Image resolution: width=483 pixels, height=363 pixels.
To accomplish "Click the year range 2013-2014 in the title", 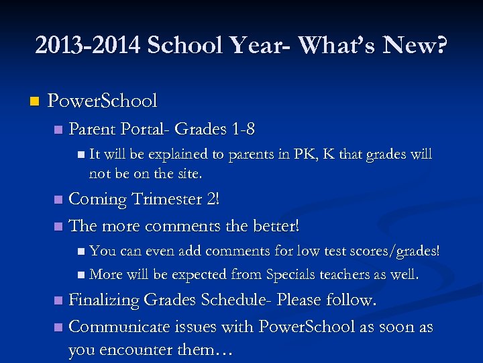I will coord(87,46).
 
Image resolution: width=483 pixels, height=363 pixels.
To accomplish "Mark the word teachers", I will coord(345,274).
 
